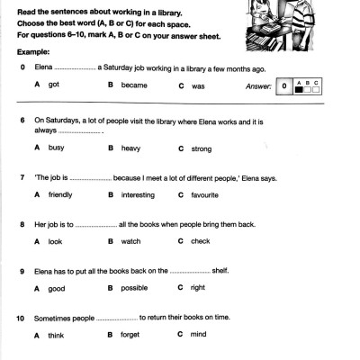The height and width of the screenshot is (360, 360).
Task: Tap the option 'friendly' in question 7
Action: click(x=60, y=193)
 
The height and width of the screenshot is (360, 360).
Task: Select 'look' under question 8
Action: click(x=56, y=241)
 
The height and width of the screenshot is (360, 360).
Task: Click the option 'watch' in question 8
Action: click(x=131, y=241)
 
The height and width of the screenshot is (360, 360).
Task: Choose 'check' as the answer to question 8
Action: click(x=201, y=241)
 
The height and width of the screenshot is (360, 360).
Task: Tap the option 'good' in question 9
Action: click(x=57, y=289)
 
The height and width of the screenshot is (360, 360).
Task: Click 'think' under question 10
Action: click(x=57, y=335)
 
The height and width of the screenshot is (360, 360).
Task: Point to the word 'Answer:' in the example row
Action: click(x=258, y=85)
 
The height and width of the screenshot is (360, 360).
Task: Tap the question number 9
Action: click(x=20, y=269)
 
